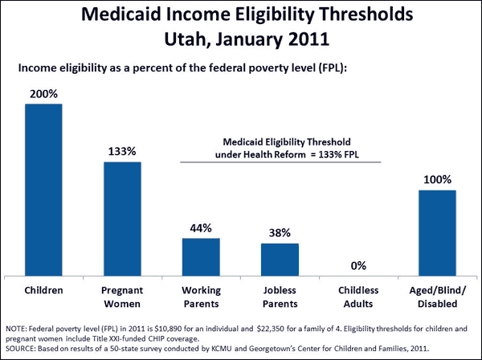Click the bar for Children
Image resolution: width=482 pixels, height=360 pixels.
pos(43,189)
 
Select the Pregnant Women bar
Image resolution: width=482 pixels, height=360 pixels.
pos(122,217)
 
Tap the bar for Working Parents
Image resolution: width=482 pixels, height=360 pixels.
pos(201,256)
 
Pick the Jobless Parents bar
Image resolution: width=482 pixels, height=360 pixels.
pos(280,258)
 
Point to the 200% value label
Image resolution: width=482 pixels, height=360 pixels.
pos(43,94)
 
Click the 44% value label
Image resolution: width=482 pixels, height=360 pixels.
pos(201,229)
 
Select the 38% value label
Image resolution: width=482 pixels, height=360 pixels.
pos(280,234)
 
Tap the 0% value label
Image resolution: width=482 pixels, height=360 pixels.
pos(358,264)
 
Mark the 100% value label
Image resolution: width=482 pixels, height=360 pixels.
pos(437,180)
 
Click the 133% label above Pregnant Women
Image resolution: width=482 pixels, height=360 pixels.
pos(122,151)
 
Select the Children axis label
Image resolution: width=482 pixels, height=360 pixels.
pos(43,288)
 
